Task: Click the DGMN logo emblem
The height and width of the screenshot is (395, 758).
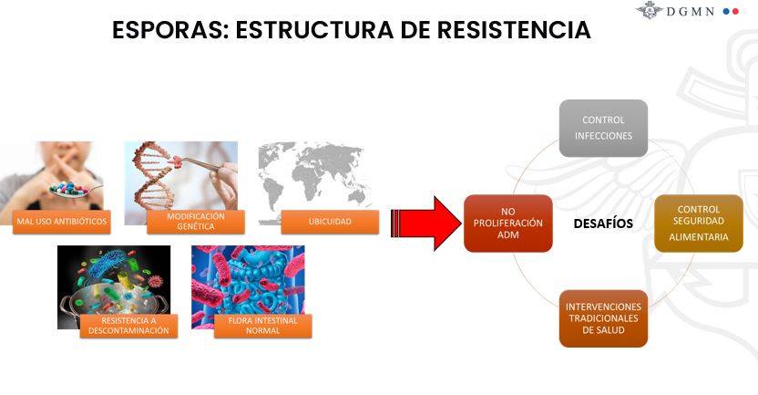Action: [650, 10]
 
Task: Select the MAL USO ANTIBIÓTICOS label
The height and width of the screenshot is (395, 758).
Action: [61, 222]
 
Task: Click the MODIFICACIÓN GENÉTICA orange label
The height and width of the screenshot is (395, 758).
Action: [196, 222]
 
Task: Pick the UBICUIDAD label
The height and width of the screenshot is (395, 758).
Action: [330, 222]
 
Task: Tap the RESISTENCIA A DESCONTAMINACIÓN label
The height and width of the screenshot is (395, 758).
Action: [128, 326]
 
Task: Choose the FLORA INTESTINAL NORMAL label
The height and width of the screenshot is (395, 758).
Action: [263, 326]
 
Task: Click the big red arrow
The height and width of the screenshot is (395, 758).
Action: [425, 223]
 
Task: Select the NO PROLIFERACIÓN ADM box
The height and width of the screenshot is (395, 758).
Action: [508, 223]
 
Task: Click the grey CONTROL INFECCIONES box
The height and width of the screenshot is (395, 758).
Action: [603, 129]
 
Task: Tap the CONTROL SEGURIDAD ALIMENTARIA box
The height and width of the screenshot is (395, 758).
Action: [699, 223]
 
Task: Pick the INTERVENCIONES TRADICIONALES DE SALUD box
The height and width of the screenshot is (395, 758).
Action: [603, 318]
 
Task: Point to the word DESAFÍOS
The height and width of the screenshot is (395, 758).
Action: [603, 223]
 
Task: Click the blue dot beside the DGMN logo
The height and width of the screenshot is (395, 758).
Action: [726, 11]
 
